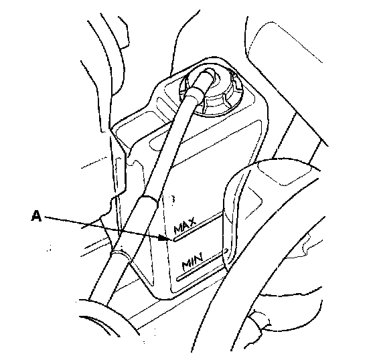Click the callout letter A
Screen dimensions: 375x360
click(x=36, y=216)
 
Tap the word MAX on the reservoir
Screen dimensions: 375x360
click(x=185, y=226)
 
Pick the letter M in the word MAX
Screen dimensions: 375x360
click(x=177, y=230)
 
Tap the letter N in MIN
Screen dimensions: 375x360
click(x=199, y=258)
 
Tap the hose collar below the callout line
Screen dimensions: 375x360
click(x=120, y=254)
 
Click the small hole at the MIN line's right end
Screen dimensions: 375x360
click(x=226, y=250)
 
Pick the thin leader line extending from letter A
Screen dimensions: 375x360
click(x=102, y=227)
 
